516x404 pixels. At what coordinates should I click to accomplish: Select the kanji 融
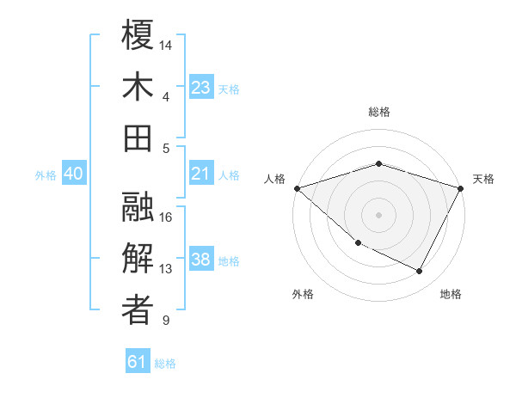tap(138, 206)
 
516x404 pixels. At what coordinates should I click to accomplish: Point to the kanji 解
tap(138, 258)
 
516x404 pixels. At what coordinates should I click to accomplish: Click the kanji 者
tap(138, 310)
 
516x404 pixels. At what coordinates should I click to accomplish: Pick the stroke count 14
tap(167, 45)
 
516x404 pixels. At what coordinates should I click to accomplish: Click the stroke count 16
tap(167, 217)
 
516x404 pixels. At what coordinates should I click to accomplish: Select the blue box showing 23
tap(200, 87)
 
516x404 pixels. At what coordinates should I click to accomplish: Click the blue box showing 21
tap(200, 174)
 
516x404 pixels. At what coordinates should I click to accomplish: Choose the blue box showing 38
tap(200, 260)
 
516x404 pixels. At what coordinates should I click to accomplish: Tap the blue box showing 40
tap(73, 174)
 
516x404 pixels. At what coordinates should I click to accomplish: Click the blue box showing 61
tap(138, 362)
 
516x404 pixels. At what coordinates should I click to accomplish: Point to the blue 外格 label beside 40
tap(46, 175)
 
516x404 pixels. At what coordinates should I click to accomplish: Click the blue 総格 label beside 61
tap(165, 364)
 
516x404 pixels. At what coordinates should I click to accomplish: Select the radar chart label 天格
tap(483, 179)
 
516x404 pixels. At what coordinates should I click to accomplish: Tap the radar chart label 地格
tap(451, 294)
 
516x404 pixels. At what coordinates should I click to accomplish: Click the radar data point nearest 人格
tap(297, 188)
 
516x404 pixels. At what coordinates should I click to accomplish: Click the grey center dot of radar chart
tap(378, 215)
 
